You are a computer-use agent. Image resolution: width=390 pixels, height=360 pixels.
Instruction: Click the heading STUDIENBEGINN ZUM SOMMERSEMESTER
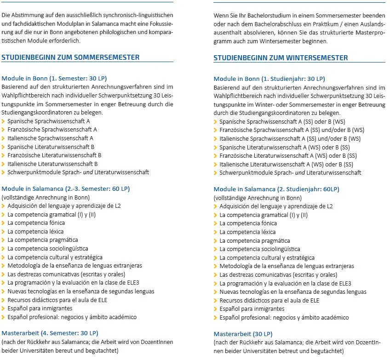point(70,57)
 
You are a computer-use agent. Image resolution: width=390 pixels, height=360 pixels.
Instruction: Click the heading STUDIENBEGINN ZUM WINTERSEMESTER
point(281,58)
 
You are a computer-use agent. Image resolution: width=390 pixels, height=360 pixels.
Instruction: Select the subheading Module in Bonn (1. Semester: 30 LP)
point(54,78)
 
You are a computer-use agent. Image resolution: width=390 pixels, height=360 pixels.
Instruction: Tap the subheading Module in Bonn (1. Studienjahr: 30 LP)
point(269,79)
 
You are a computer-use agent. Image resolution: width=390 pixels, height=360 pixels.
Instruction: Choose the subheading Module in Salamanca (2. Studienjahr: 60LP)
point(276,189)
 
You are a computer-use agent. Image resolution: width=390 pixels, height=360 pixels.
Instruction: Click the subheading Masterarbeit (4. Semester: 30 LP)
point(50,333)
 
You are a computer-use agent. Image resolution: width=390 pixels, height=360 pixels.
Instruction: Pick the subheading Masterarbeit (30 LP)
point(243,334)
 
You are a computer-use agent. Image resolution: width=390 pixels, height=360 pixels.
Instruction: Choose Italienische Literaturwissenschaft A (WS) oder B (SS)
point(286,164)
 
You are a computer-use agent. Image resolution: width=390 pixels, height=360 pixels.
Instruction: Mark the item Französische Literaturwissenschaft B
point(54,155)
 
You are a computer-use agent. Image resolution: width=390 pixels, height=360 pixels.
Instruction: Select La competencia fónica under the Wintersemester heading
point(248,223)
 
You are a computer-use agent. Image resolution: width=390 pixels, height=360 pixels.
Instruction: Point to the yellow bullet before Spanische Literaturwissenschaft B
point(4,147)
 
